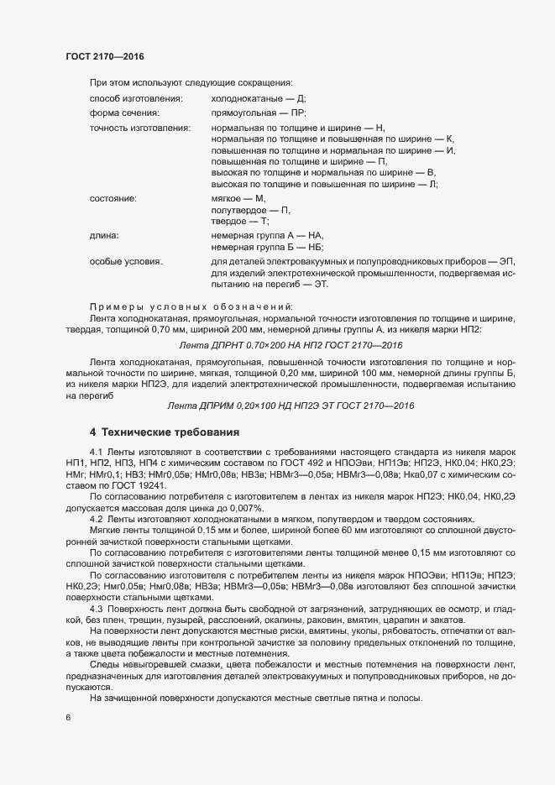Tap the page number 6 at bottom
click(68, 719)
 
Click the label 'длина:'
click(103, 236)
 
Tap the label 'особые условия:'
click(125, 262)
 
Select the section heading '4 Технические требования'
click(165, 432)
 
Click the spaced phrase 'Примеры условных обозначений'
click(191, 304)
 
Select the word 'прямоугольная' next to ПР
click(240, 113)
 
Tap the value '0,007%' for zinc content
click(244, 509)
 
